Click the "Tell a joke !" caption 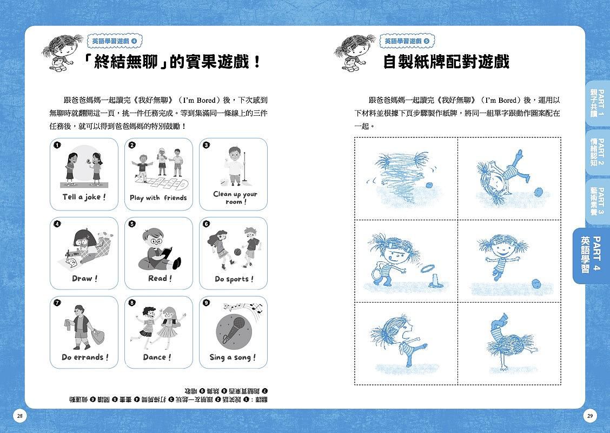(84, 197)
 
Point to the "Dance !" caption (157, 357)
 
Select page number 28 (19, 416)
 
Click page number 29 (590, 416)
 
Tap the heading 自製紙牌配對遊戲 (446, 62)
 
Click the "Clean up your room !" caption (234, 198)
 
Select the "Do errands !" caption (85, 357)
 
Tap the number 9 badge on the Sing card (206, 303)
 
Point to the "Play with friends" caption (158, 198)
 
